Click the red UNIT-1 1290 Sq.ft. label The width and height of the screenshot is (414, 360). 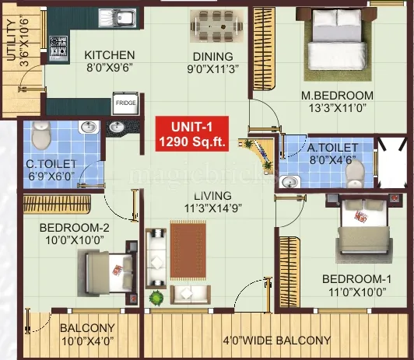(189, 134)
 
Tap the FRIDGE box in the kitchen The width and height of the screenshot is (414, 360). (125, 103)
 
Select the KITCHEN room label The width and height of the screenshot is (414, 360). (110, 55)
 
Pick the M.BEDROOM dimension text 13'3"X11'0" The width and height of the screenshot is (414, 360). (338, 110)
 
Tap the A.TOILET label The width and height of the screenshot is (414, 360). (332, 147)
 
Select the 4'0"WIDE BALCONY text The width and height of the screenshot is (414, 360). (276, 340)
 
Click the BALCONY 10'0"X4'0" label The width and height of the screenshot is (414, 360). (87, 334)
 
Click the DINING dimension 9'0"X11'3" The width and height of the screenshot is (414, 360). (212, 68)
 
